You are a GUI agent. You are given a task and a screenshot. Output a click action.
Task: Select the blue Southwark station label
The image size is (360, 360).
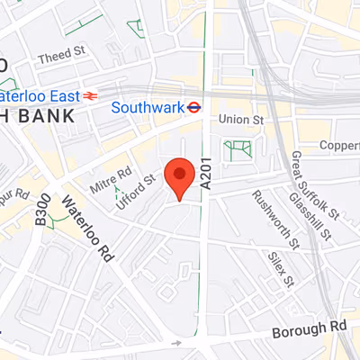(x=148, y=106)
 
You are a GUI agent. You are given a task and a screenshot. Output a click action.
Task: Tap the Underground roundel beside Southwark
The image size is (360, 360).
(x=193, y=106)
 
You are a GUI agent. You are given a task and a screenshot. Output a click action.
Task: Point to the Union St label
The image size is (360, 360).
(x=243, y=118)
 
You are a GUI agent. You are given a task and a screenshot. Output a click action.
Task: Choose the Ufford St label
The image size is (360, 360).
(x=137, y=192)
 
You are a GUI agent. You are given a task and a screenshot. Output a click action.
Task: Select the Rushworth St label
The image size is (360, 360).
(x=274, y=219)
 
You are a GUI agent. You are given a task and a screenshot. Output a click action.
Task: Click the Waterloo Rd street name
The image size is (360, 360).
(x=87, y=229)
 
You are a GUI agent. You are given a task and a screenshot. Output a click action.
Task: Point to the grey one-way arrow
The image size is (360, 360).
(x=178, y=343)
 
